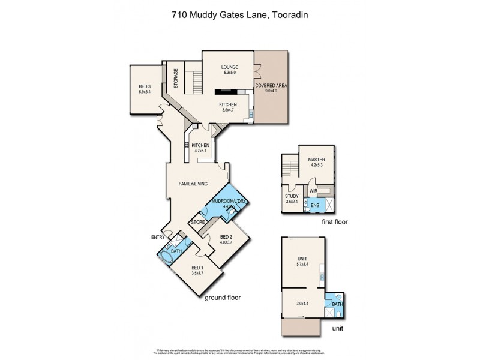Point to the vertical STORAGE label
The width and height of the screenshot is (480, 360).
pos(176,79)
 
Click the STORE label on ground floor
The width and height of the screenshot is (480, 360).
pos(197,223)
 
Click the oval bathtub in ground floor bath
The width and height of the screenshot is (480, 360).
pos(166,258)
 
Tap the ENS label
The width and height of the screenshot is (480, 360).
pos(314,206)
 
